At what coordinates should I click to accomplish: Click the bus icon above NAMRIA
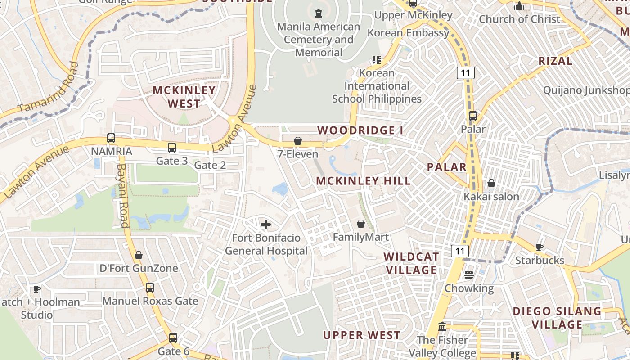tap(111, 138)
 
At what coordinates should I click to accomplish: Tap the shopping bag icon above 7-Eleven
tap(297, 141)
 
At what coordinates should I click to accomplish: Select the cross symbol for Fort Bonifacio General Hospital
tap(266, 224)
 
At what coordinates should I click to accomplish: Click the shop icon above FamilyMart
tap(361, 224)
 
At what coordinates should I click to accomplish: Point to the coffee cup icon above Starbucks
tap(539, 247)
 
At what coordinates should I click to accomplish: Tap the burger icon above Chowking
tap(469, 274)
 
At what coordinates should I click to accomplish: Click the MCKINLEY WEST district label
tap(184, 97)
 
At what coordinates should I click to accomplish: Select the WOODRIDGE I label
tap(360, 130)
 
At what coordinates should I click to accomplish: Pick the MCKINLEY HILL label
tap(364, 181)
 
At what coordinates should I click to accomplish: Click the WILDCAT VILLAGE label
tap(411, 263)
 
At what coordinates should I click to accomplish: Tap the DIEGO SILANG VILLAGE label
tap(557, 318)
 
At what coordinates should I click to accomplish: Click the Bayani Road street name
tap(123, 196)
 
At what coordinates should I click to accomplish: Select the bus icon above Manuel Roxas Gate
tap(150, 288)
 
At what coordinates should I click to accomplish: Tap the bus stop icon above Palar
tap(473, 116)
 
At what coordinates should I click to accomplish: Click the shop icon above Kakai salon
tap(491, 183)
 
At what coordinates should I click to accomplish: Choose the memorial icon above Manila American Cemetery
tap(319, 13)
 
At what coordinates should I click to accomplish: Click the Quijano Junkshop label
tap(586, 90)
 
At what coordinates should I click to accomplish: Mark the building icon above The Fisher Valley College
tap(442, 326)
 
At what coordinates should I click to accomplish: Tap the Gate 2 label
tap(210, 165)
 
